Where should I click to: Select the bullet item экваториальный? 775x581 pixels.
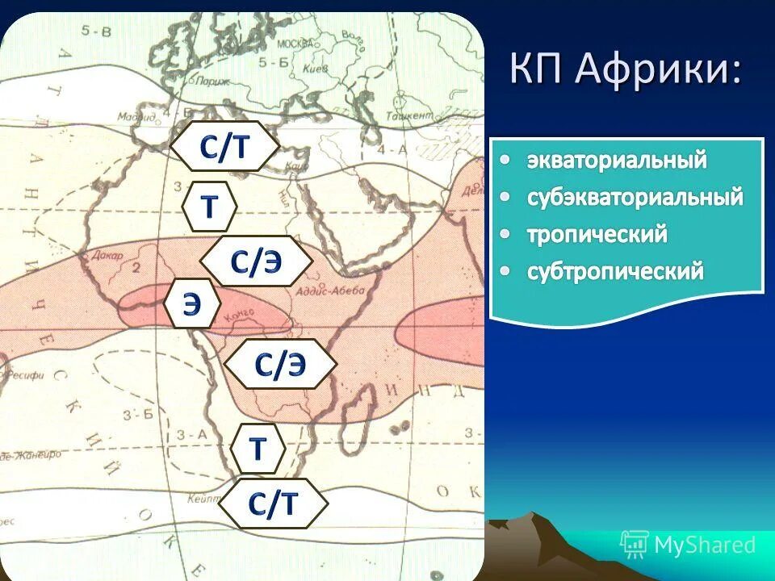(617, 160)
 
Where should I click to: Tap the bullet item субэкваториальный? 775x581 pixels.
(635, 197)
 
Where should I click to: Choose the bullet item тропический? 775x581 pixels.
(597, 234)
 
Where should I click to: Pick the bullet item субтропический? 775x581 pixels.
(615, 271)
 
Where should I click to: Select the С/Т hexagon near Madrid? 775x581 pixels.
(225, 147)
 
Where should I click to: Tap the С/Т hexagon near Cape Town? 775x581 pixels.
(273, 504)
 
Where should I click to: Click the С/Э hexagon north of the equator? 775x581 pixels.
(256, 261)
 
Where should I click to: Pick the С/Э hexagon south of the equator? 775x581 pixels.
(280, 365)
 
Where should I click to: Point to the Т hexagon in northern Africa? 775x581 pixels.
(209, 207)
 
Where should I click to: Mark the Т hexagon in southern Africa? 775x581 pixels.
(258, 448)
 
